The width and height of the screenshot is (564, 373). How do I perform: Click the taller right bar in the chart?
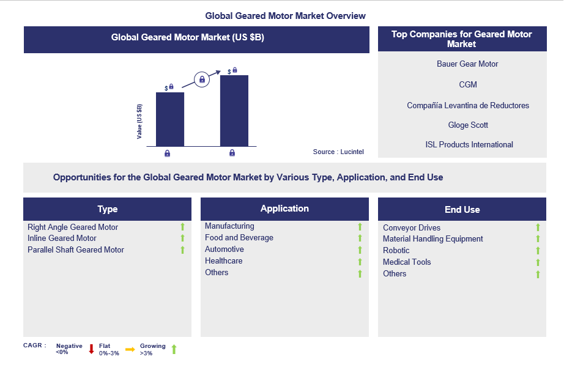click(x=234, y=110)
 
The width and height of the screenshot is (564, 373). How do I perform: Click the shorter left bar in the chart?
click(x=169, y=119)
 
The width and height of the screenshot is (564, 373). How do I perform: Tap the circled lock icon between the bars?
click(x=202, y=79)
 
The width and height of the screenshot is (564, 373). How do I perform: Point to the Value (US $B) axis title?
click(x=139, y=122)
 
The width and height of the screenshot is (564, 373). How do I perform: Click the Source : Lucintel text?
click(x=338, y=152)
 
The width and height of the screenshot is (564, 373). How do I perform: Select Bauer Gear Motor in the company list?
click(x=467, y=64)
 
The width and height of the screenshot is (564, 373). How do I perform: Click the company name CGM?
click(x=467, y=84)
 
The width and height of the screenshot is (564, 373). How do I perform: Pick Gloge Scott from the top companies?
click(x=467, y=125)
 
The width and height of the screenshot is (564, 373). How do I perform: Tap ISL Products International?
click(x=469, y=145)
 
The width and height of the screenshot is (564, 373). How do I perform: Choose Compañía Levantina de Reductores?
click(x=468, y=105)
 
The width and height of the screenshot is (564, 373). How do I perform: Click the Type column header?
click(x=107, y=209)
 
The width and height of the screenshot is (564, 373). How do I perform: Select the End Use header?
click(x=462, y=209)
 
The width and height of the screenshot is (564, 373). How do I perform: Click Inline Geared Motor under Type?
click(x=62, y=238)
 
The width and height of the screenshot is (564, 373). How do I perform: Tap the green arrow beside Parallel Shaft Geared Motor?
click(x=182, y=250)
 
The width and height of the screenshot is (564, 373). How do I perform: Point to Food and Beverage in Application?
click(x=239, y=237)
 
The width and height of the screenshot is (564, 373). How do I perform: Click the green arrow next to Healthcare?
click(x=360, y=262)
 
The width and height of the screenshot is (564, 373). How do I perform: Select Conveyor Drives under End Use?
click(x=412, y=228)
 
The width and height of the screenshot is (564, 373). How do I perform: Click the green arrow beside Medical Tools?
click(x=538, y=263)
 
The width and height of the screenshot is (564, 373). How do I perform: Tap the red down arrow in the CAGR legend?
click(x=91, y=349)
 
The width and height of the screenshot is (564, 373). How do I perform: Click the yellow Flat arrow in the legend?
click(x=130, y=349)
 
